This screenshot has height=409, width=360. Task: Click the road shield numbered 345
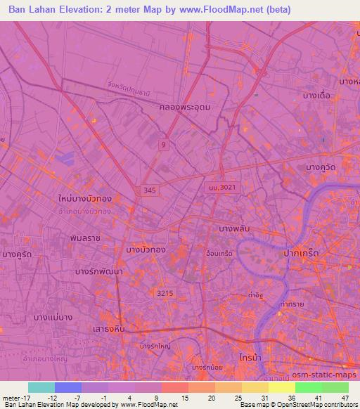click(x=148, y=190)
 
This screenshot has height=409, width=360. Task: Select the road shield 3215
click(x=165, y=292)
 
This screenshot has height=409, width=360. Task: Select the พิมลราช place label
click(x=85, y=238)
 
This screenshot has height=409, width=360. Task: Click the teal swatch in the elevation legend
click(x=41, y=387)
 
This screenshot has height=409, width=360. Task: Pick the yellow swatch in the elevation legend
click(x=282, y=387)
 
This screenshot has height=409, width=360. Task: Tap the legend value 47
click(x=345, y=398)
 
